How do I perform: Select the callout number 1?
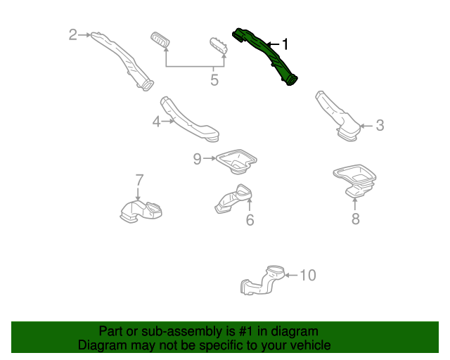click(x=285, y=44)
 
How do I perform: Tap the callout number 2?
click(x=72, y=34)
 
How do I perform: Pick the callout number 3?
click(x=380, y=126)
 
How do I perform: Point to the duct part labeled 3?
click(x=336, y=115)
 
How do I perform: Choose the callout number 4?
click(x=156, y=122)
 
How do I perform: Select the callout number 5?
click(x=214, y=79)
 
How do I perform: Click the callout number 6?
click(x=250, y=220)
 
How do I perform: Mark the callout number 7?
click(x=139, y=179)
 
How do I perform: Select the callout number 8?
click(x=355, y=219)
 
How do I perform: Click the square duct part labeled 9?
click(x=236, y=160)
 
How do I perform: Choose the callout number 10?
click(x=308, y=275)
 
